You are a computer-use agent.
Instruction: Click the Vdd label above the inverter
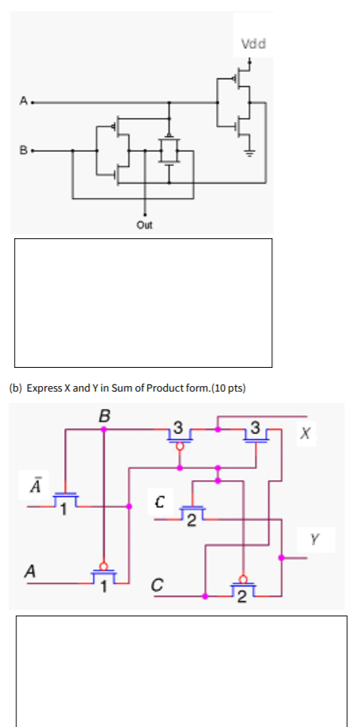click(x=254, y=44)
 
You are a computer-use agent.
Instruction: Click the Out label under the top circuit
click(x=145, y=225)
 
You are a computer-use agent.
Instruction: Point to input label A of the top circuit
click(x=24, y=101)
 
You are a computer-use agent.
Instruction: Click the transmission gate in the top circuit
click(x=168, y=150)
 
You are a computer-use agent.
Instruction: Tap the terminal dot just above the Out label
click(x=145, y=214)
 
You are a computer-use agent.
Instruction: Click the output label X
click(x=306, y=433)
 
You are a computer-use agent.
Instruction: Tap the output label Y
click(x=315, y=540)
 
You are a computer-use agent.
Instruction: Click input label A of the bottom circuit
click(x=31, y=570)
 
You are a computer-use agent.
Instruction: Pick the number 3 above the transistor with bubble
click(x=179, y=429)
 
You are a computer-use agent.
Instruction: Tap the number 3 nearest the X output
click(x=254, y=429)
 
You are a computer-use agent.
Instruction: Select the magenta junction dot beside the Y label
click(x=282, y=559)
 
